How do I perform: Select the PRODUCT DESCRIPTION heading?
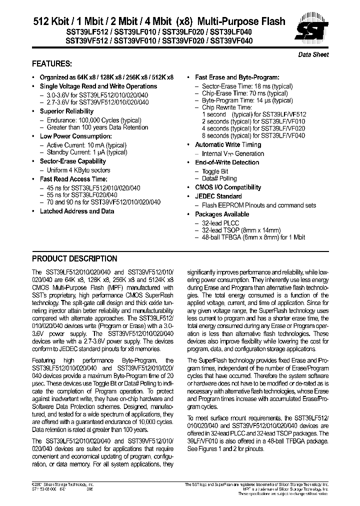pos(74,259)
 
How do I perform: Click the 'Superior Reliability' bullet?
pos(66,111)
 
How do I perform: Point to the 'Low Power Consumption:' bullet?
pos(72,136)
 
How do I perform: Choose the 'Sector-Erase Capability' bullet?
pos(72,161)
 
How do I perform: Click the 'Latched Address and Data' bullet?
pos(76,211)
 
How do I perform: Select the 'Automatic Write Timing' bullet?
pos(228,144)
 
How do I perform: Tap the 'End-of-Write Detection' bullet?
pos(227,162)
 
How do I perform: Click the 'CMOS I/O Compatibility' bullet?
pos(228,187)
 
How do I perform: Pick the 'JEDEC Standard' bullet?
pos(218,196)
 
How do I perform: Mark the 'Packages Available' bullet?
pos(222,214)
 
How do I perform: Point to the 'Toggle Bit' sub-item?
pos(215,171)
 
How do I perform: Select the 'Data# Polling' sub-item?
pos(219,178)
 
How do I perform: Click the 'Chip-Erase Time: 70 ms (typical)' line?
pos(244,93)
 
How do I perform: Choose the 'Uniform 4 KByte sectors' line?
pos(79,170)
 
